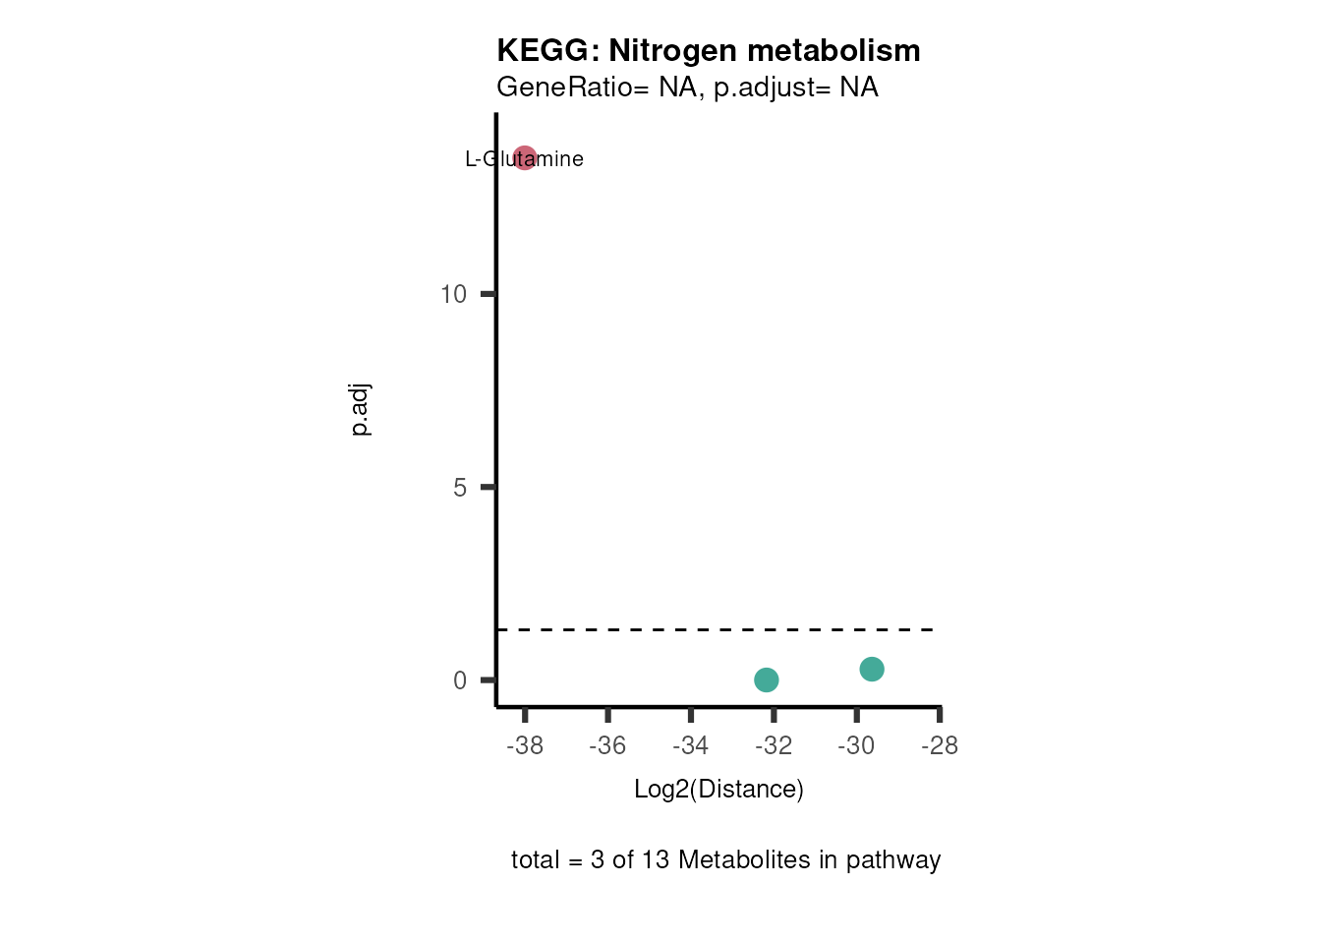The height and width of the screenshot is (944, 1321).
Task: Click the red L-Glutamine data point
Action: pyautogui.click(x=525, y=157)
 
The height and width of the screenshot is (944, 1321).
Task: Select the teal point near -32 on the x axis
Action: pyautogui.click(x=767, y=679)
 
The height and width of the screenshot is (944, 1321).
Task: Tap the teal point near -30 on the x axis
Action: pyautogui.click(x=872, y=669)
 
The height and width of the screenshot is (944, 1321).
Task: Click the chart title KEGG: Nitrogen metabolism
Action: pyautogui.click(x=708, y=50)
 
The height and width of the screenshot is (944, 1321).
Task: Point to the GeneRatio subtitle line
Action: pyautogui.click(x=687, y=88)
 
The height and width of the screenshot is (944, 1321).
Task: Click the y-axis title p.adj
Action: pyautogui.click(x=361, y=410)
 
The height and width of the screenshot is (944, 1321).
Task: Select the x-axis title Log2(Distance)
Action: pyautogui.click(x=718, y=789)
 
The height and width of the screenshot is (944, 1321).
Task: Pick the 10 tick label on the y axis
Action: pyautogui.click(x=453, y=294)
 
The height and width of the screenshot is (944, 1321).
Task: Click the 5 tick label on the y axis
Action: pyautogui.click(x=460, y=488)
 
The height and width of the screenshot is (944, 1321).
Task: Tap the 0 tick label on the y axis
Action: pyautogui.click(x=460, y=680)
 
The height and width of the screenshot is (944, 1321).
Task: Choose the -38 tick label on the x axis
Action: pyautogui.click(x=525, y=746)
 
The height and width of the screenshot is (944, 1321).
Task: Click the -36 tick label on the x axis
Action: pyautogui.click(x=607, y=746)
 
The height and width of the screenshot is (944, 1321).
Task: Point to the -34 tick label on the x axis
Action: pyautogui.click(x=691, y=746)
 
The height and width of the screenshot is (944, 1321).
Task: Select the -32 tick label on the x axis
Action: pyautogui.click(x=774, y=746)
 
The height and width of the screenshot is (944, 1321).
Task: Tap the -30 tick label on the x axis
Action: pyautogui.click(x=856, y=746)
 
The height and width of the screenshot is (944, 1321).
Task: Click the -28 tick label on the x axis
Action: pyautogui.click(x=940, y=746)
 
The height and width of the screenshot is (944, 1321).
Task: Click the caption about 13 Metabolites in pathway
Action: pyautogui.click(x=725, y=859)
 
